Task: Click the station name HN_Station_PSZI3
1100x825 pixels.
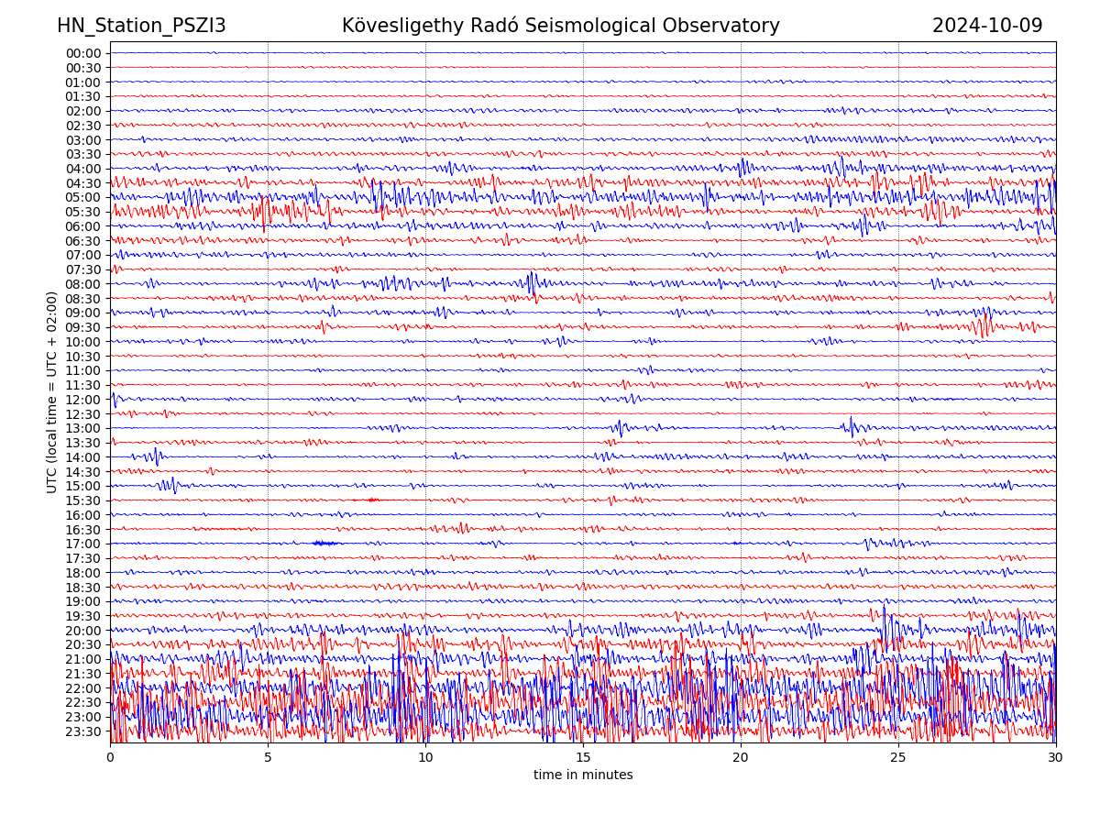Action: pos(141,26)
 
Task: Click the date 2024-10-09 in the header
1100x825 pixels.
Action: pos(987,26)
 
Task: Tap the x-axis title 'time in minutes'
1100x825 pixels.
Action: pos(583,775)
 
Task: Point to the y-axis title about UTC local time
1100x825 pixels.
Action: pos(52,392)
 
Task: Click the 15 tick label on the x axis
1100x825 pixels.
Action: pos(583,758)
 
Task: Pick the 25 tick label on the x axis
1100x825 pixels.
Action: pos(898,758)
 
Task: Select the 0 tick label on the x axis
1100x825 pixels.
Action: pos(110,758)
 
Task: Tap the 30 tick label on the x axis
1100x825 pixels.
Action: pos(1056,758)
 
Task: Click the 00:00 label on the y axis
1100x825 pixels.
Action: pos(83,53)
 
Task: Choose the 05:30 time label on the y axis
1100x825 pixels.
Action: pos(83,212)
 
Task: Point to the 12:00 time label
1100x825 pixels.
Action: pos(83,400)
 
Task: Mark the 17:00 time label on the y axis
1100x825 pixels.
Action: pos(83,544)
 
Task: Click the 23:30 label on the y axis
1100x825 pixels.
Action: pos(83,731)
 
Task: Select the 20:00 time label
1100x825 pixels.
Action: pos(83,631)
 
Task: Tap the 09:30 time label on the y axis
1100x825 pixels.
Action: pos(83,327)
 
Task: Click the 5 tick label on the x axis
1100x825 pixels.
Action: pos(268,758)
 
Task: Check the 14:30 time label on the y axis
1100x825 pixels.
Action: pos(83,472)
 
